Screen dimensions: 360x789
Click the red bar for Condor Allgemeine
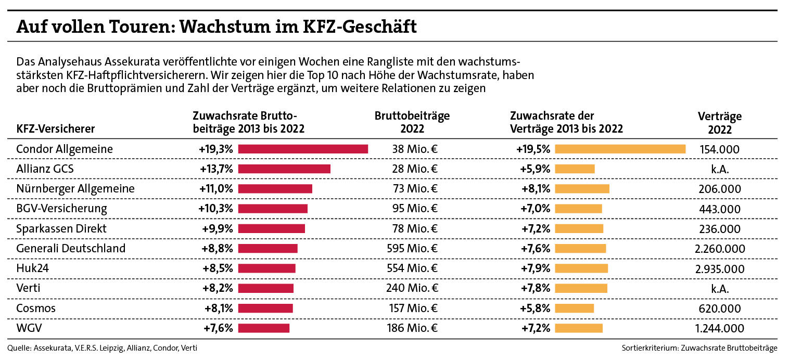click(x=303, y=149)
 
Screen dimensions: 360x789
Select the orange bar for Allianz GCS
click(x=575, y=169)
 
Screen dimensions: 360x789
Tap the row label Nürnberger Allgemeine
click(x=75, y=189)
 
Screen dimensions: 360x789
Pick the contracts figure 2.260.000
click(x=719, y=249)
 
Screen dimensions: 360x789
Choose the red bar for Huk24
click(x=266, y=268)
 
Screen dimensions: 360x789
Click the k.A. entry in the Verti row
click(x=720, y=288)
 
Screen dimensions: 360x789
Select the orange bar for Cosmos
click(x=574, y=308)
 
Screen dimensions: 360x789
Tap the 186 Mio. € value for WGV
click(x=412, y=328)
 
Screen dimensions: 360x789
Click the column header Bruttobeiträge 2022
click(x=412, y=122)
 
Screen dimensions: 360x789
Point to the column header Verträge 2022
click(x=719, y=123)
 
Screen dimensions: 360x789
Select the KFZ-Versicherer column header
click(x=56, y=128)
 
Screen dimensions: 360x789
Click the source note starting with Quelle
click(x=103, y=348)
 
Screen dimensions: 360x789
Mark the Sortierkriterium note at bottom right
click(x=699, y=348)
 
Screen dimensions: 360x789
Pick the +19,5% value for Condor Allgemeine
click(x=533, y=149)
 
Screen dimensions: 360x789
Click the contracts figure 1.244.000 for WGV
click(x=719, y=328)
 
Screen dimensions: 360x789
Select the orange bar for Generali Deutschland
click(x=580, y=249)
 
